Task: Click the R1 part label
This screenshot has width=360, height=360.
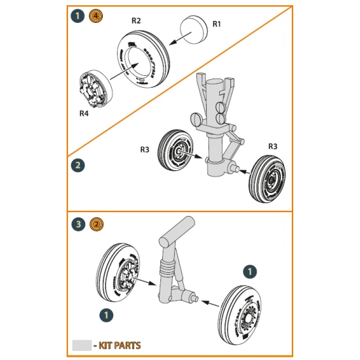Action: pos(217,24)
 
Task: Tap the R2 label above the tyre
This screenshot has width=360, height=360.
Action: pos(136,21)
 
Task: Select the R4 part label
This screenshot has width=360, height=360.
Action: pos(84,113)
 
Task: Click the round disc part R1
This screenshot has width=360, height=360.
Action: pos(194,29)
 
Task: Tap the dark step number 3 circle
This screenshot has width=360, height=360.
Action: pos(77,225)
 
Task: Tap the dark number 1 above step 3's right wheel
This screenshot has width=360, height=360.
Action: pos(248,270)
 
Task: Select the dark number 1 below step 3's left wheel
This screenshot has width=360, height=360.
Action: pos(103,315)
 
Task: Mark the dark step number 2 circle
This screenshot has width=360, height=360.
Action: pos(77,165)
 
